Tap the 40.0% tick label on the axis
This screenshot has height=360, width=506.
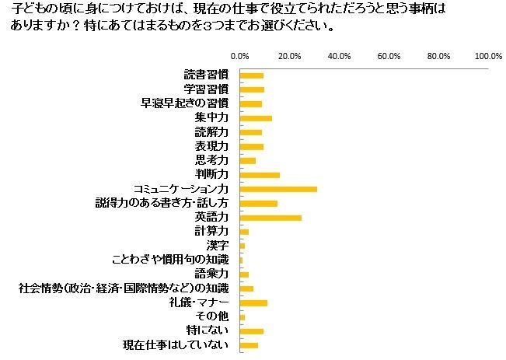pos(340,56)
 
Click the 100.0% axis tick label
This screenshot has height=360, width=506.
pos(488,56)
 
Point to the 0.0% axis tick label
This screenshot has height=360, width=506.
pos(240,56)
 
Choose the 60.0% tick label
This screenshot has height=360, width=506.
pos(389,56)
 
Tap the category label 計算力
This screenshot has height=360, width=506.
pos(211,231)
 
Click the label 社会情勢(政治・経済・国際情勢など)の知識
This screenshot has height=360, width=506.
pos(124,288)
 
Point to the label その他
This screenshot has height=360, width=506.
pos(212,316)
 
